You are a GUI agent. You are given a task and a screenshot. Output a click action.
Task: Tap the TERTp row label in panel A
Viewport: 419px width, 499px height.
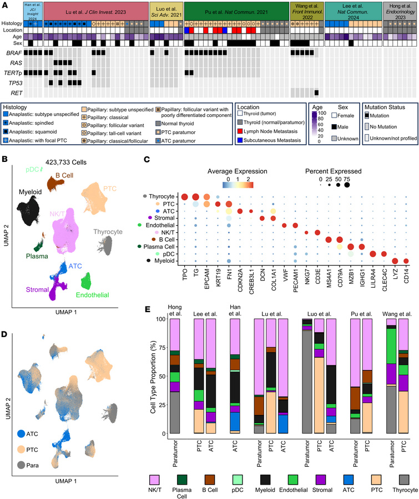(x=13, y=72)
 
